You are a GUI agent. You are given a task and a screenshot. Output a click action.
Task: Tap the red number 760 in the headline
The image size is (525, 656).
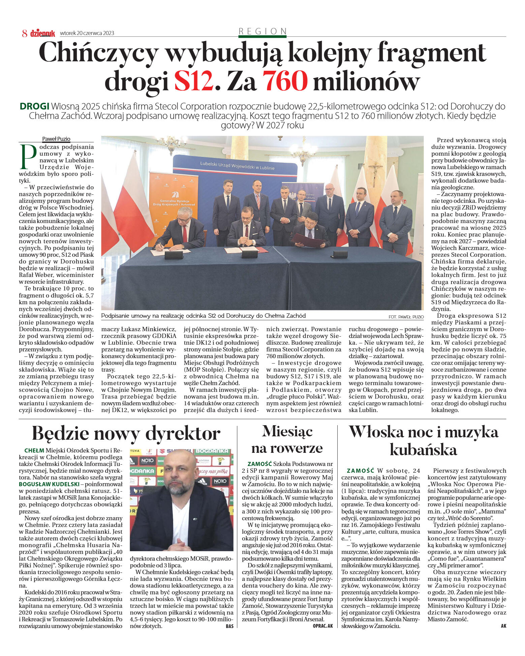tap(285, 81)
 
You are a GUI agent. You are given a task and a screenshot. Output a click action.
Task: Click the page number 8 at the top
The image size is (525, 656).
tap(25, 33)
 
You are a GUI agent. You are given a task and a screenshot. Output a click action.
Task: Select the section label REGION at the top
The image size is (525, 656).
tap(262, 31)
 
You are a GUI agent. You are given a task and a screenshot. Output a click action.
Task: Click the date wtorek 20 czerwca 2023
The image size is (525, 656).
tap(87, 33)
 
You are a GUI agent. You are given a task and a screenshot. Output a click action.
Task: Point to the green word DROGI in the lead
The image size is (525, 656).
tap(35, 106)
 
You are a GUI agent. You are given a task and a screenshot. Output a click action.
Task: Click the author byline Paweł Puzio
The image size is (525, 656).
tap(56, 139)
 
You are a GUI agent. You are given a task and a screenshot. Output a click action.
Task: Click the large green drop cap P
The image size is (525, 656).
tap(28, 157)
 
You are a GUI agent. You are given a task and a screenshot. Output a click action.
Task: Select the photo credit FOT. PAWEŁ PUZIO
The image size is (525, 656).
tap(406, 317)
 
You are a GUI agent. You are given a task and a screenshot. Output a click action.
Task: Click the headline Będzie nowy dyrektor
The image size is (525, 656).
tap(126, 434)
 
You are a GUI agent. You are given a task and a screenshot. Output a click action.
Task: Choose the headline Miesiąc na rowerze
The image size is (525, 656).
tap(287, 440)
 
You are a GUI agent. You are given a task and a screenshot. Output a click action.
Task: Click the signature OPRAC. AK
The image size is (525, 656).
tap(322, 626)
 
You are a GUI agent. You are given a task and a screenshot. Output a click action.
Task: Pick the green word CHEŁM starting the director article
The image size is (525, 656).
tap(34, 450)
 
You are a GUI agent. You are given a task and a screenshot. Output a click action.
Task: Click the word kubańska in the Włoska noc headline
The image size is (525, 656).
tap(423, 450)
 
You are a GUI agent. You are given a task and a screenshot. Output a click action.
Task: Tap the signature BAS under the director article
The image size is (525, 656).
tap(229, 626)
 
